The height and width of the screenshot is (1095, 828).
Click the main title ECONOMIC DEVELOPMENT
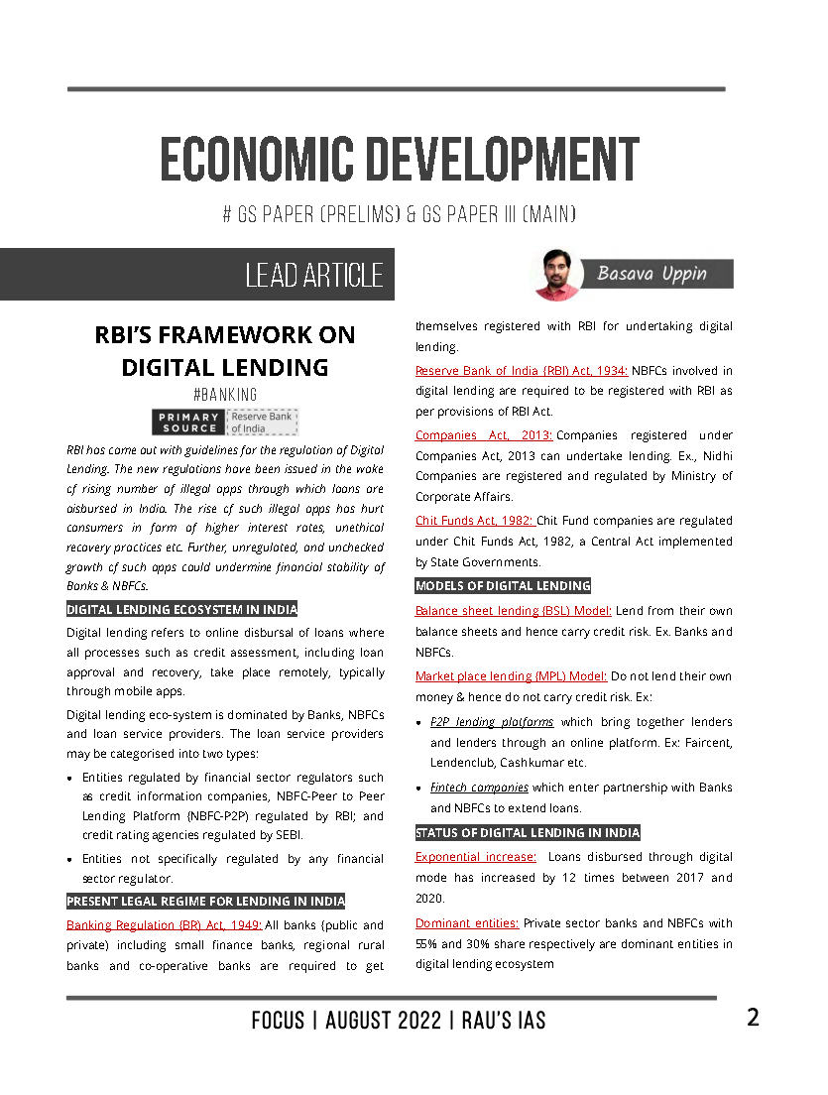pyautogui.click(x=399, y=161)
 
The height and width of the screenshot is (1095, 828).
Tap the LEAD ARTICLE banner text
pyautogui.click(x=313, y=275)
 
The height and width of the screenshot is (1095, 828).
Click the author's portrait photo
pyautogui.click(x=556, y=274)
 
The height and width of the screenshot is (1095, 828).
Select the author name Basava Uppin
pyautogui.click(x=651, y=273)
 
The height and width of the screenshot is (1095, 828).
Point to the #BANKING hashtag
pyautogui.click(x=224, y=394)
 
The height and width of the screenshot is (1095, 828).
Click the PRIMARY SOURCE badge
pyautogui.click(x=188, y=422)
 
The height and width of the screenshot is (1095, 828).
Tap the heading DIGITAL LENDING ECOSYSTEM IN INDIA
pyautogui.click(x=181, y=609)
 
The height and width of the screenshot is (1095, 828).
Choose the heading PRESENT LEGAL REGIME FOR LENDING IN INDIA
pyautogui.click(x=205, y=901)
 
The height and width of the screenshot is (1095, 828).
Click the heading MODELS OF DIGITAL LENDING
pyautogui.click(x=503, y=585)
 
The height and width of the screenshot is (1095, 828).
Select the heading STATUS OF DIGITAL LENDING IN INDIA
pyautogui.click(x=528, y=832)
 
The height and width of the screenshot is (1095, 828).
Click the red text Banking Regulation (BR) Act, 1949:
pyautogui.click(x=164, y=924)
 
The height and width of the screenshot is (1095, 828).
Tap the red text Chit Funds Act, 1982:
pyautogui.click(x=474, y=520)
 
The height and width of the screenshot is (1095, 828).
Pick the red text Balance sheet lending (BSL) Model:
pyautogui.click(x=513, y=610)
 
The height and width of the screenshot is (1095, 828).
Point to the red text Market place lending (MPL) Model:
pyautogui.click(x=511, y=675)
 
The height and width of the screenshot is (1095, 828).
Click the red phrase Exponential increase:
pyautogui.click(x=476, y=856)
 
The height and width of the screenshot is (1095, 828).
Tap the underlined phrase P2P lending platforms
pyautogui.click(x=492, y=721)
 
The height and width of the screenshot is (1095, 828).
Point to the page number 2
pyautogui.click(x=754, y=1018)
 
